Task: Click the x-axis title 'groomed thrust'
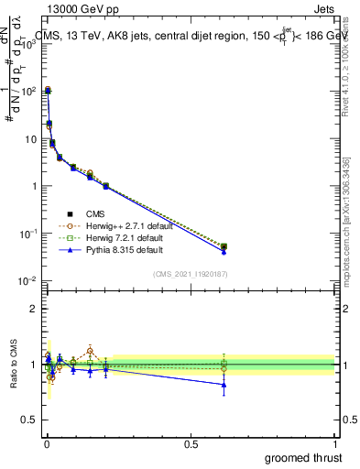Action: coord(304,456)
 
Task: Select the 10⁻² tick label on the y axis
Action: coord(28,281)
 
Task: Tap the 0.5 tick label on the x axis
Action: coord(191,443)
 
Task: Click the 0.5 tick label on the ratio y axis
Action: coord(28,420)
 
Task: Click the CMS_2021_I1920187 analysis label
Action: coord(191,274)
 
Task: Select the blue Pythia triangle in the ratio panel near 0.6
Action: coord(224,384)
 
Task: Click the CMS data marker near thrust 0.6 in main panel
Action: coord(224,246)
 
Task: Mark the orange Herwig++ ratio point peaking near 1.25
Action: coord(90,350)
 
